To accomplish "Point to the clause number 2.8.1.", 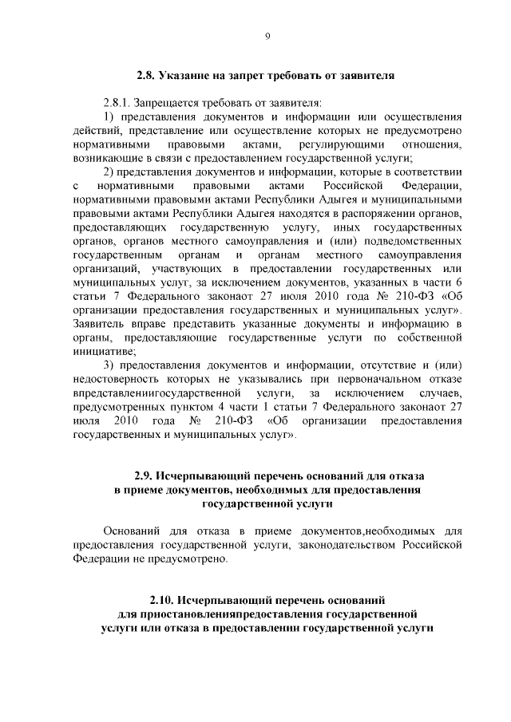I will click(117, 104).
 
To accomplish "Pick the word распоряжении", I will click(378, 213).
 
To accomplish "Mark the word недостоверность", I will click(117, 379).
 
